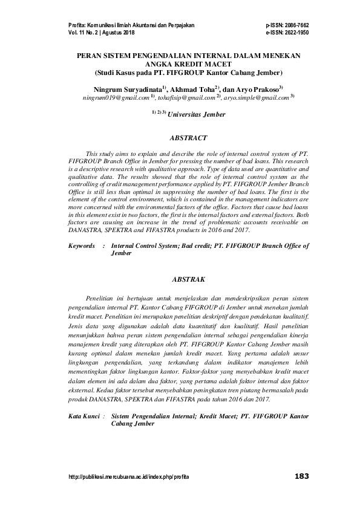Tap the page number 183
301,476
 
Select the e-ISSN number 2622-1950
295,33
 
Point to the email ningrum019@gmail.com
116,97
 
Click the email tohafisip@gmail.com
191,97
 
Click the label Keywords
82,246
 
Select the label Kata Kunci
83,417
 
